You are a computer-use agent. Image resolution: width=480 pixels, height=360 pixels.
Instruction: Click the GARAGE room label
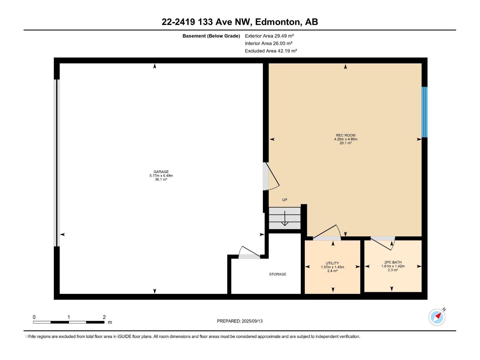[x=161, y=172]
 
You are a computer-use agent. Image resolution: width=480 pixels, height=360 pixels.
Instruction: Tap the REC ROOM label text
[x=346, y=135]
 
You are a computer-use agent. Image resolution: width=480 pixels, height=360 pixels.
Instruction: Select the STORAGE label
[x=278, y=274]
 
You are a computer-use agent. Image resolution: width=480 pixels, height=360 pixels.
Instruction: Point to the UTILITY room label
[x=332, y=263]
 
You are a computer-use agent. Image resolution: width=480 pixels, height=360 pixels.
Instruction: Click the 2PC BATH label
[x=393, y=262]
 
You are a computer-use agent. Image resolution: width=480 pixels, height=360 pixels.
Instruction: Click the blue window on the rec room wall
[x=424, y=112]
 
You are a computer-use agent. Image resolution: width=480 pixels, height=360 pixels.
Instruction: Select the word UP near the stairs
[x=285, y=200]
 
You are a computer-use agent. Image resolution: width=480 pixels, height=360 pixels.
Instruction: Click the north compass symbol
[x=437, y=317]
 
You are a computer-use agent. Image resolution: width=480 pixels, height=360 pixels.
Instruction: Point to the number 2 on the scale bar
[x=104, y=317]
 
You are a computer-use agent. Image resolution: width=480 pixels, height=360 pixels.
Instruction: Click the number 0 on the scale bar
[x=34, y=317]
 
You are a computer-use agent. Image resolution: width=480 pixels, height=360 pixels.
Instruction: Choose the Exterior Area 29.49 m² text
[x=269, y=36]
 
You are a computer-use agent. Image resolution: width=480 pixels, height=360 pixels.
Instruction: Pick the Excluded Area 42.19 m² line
[x=271, y=51]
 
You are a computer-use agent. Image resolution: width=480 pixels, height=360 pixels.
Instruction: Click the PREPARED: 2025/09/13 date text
[x=240, y=321]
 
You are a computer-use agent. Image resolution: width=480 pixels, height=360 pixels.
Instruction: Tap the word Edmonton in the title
[x=277, y=22]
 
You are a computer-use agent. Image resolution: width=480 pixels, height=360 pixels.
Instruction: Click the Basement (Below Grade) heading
[x=211, y=36]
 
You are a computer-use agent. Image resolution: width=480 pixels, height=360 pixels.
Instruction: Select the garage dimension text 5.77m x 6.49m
[x=161, y=175]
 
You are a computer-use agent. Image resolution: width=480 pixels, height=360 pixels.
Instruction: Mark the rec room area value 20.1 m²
[x=346, y=143]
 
